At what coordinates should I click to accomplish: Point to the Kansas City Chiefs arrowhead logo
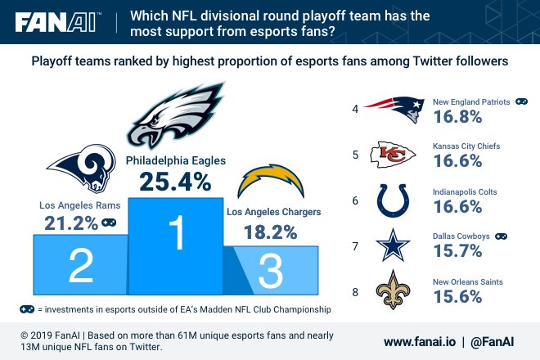tap(394, 153)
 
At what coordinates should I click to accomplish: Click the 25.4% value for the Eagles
tap(175, 181)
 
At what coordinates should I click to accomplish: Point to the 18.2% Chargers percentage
tap(270, 232)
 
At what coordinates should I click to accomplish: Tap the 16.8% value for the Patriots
tap(459, 119)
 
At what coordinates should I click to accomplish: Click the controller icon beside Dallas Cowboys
tap(500, 236)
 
